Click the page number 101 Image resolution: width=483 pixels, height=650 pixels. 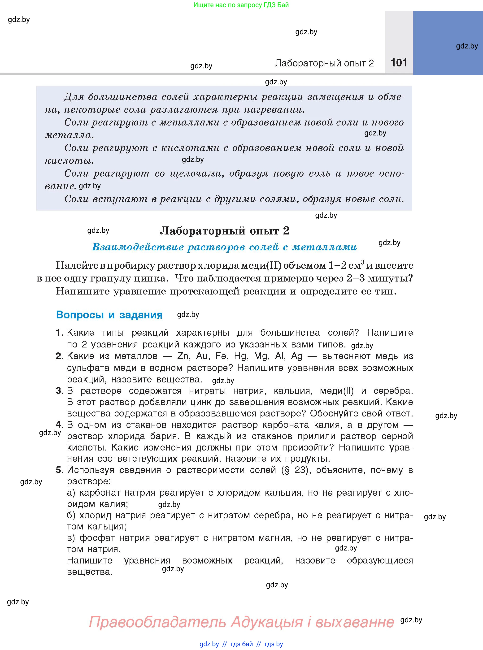click(x=399, y=63)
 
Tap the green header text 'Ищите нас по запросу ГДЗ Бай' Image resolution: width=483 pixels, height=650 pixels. click(x=241, y=5)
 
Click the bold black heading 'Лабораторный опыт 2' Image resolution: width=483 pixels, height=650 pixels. click(x=225, y=231)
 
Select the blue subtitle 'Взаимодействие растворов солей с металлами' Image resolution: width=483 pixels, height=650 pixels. click(x=224, y=247)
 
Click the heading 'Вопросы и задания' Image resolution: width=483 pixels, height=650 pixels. click(x=109, y=315)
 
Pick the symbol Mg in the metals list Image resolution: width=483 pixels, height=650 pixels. click(x=261, y=356)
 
